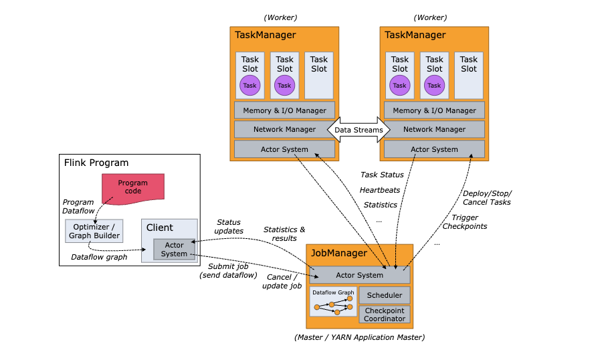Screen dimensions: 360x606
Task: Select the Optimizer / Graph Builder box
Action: click(x=94, y=231)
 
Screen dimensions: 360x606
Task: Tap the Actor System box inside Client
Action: click(x=174, y=249)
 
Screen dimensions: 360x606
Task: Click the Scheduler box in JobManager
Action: click(x=385, y=295)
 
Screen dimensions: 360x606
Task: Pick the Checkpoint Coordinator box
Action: click(x=385, y=314)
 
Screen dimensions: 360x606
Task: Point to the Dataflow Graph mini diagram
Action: click(x=333, y=302)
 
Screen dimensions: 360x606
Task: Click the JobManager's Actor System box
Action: click(x=360, y=275)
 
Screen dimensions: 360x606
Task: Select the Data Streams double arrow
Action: click(x=359, y=130)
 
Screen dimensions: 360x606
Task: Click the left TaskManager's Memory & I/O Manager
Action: click(x=284, y=110)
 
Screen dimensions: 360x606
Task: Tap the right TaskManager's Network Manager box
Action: click(x=434, y=130)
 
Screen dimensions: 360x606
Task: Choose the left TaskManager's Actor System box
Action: click(x=284, y=149)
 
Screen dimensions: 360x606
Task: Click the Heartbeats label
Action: click(x=380, y=190)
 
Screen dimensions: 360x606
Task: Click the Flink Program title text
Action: click(x=96, y=163)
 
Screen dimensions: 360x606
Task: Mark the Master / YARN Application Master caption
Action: click(x=359, y=337)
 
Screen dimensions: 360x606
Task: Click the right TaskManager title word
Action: click(x=415, y=35)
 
